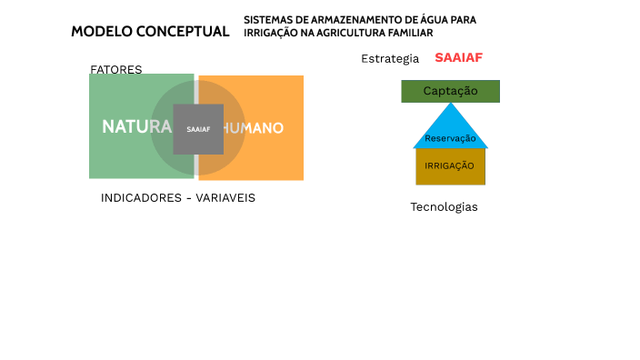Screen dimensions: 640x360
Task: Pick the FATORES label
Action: (115, 70)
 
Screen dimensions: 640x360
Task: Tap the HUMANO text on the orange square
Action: (254, 128)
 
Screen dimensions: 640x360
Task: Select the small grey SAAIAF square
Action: (198, 129)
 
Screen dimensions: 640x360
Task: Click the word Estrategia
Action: (390, 59)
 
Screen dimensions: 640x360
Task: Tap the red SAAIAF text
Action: (458, 58)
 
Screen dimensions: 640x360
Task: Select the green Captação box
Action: (450, 91)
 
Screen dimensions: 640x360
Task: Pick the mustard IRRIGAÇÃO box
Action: (450, 165)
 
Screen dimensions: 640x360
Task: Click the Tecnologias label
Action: (444, 207)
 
